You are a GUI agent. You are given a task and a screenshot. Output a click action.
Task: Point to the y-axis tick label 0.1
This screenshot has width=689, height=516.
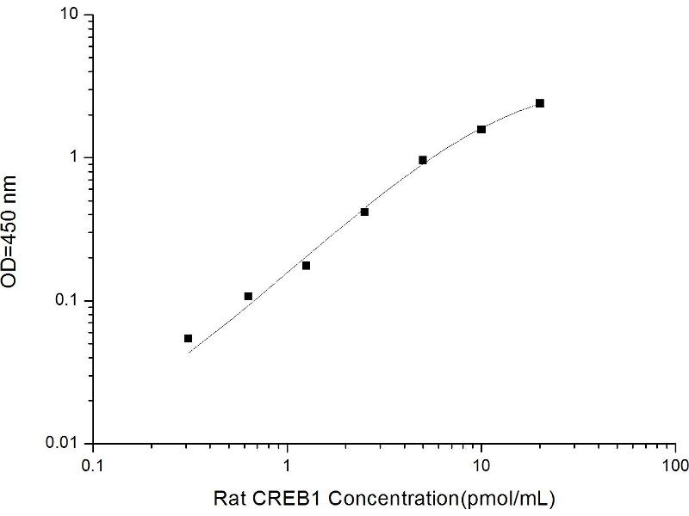(66, 301)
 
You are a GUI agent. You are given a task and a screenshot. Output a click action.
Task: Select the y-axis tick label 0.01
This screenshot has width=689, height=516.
(63, 444)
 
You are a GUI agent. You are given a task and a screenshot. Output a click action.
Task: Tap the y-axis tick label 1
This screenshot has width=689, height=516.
(75, 158)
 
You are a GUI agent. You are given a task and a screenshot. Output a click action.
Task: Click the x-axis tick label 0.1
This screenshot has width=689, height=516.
(93, 466)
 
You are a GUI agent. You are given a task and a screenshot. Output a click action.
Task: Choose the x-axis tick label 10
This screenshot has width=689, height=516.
(481, 466)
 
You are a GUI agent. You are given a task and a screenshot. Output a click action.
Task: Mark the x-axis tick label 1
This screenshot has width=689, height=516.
(288, 466)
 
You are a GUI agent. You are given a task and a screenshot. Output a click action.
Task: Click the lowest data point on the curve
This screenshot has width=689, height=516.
(189, 339)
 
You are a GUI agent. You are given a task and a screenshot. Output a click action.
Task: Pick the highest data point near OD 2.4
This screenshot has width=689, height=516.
(540, 103)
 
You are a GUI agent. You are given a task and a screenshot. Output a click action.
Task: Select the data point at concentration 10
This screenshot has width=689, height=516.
(481, 129)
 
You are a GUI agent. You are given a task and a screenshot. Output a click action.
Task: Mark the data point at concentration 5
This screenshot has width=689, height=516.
(423, 160)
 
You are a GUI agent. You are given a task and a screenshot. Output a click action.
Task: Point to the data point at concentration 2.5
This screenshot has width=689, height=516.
(364, 212)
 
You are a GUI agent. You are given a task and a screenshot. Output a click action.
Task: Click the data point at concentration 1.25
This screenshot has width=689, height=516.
(306, 266)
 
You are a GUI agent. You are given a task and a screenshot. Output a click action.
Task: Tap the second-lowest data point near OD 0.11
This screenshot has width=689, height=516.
(248, 297)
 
